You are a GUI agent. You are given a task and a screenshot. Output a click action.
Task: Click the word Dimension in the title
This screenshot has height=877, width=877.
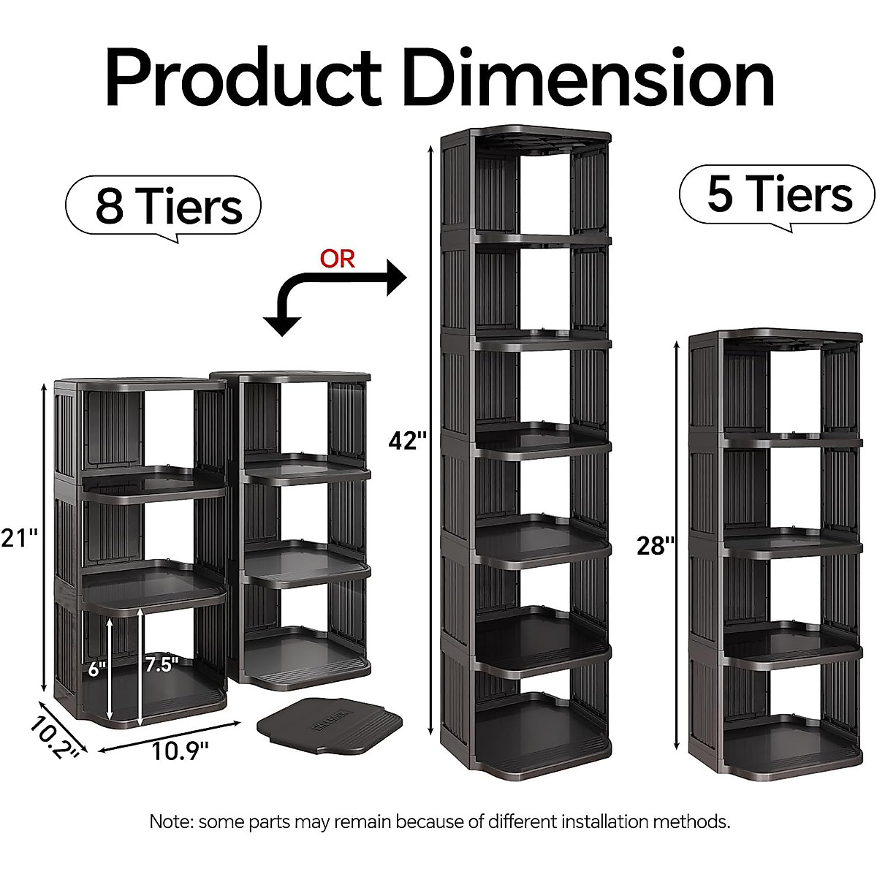588,79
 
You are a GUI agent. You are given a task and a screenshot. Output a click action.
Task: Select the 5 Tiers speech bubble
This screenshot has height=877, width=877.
778,194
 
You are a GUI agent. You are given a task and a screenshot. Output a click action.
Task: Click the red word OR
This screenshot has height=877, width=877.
337,259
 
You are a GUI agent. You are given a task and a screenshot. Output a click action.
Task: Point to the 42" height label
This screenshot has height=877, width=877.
407,441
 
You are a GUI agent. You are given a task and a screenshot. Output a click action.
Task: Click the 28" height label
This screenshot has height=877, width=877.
655,545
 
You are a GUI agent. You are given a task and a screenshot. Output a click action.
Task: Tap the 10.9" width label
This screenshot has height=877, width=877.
180,751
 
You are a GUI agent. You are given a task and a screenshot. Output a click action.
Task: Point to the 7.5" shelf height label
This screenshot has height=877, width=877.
162,664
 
